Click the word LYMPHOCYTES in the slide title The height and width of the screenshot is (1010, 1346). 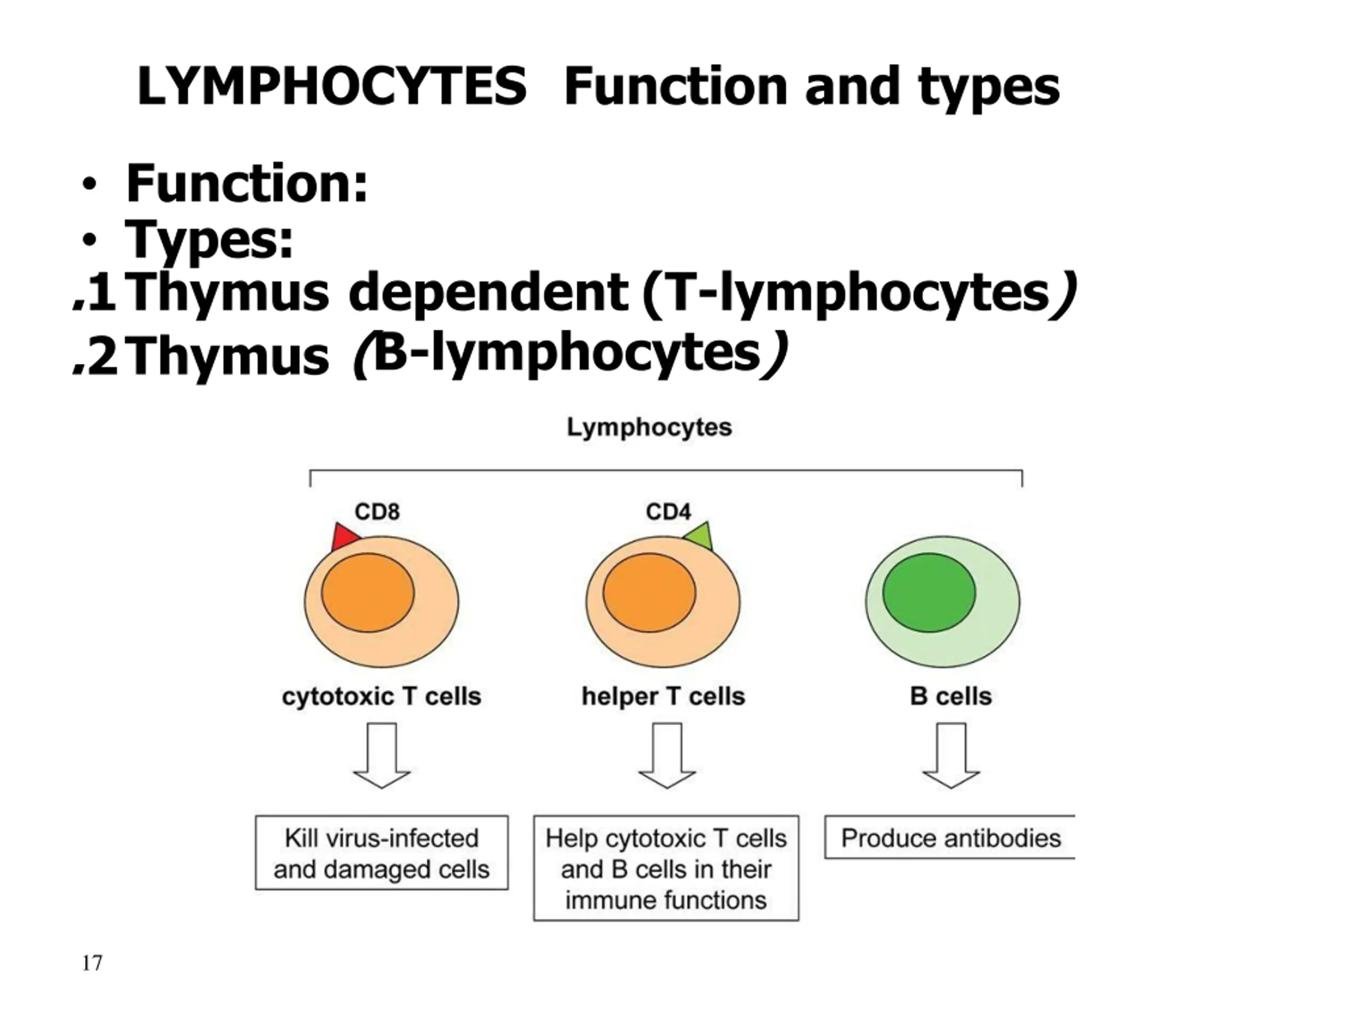click(x=332, y=86)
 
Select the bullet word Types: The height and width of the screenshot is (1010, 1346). click(x=209, y=240)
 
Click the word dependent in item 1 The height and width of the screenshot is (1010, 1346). click(x=488, y=294)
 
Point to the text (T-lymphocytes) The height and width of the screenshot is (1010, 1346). click(x=858, y=295)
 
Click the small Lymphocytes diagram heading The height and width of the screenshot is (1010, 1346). click(x=649, y=427)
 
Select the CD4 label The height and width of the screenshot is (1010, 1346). click(x=668, y=511)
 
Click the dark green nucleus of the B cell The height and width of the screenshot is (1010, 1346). click(x=929, y=592)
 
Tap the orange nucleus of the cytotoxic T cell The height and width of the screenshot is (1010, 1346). click(x=368, y=592)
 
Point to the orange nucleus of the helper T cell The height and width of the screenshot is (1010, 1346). click(x=649, y=592)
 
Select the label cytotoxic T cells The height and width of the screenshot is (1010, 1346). click(x=382, y=696)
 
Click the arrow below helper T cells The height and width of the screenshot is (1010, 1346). click(x=667, y=755)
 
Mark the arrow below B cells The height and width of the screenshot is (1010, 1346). click(x=951, y=755)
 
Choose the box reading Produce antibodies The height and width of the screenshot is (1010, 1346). click(x=950, y=837)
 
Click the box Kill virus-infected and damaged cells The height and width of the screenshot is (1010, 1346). click(x=382, y=853)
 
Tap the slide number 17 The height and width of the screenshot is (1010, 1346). click(x=92, y=963)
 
